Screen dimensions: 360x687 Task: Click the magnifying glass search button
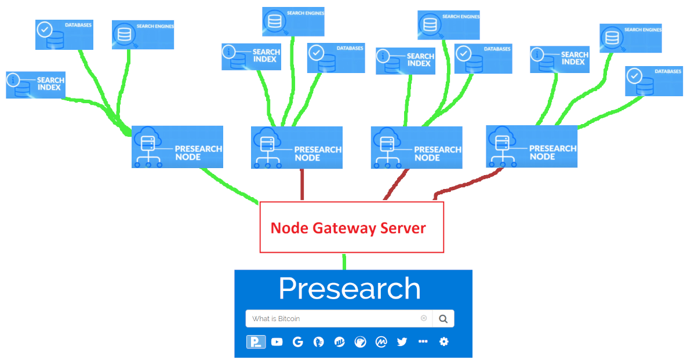point(443,318)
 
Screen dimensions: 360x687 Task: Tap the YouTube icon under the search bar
point(277,342)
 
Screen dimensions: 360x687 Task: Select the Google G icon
point(297,342)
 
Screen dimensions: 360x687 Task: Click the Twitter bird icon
point(402,342)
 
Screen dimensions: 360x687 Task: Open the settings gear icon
point(444,342)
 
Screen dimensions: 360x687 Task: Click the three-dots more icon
point(423,342)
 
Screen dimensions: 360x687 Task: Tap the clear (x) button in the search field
point(424,318)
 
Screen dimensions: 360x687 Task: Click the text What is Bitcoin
point(276,319)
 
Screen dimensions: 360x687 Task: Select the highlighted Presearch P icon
point(256,342)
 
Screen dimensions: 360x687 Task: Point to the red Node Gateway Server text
point(348,228)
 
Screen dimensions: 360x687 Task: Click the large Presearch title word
point(349,288)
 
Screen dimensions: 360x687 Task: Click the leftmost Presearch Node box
point(177,147)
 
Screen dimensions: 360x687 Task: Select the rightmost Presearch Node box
point(532,147)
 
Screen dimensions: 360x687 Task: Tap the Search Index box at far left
point(35,85)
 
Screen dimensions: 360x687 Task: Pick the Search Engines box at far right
point(630,38)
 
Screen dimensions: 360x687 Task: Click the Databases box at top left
point(64,35)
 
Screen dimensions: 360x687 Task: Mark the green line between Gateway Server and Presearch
point(344,261)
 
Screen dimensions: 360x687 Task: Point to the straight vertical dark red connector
point(302,185)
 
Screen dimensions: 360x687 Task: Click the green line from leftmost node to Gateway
point(229,185)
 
